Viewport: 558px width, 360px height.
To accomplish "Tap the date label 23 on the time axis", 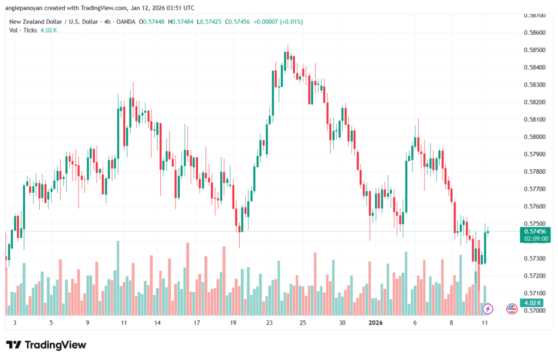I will (x=270, y=322).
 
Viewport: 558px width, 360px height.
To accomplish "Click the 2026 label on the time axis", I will (x=375, y=322).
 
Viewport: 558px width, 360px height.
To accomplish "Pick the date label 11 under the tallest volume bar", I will (x=124, y=322).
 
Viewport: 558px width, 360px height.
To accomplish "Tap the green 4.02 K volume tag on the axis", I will (x=529, y=303).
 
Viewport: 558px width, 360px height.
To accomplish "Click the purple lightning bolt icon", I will (x=488, y=309).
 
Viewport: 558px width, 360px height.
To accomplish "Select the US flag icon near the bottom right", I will (x=512, y=309).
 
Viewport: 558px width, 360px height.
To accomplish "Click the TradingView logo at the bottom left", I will (x=46, y=345).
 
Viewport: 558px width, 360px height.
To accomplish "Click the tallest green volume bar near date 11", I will (x=118, y=278).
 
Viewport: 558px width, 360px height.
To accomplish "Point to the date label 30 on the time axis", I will (x=342, y=322).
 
